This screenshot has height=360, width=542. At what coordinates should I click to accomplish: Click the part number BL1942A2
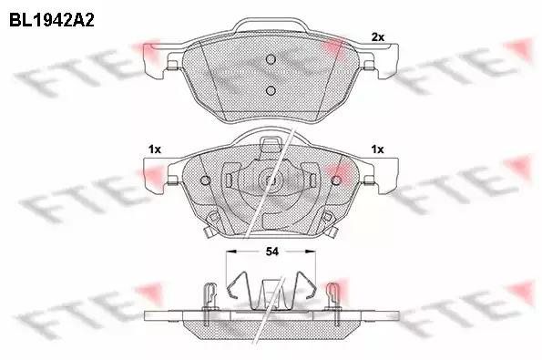52,20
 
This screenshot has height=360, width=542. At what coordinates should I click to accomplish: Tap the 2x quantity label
377,37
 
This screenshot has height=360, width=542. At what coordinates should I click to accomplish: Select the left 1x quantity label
155,149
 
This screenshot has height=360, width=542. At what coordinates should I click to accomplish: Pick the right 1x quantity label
377,149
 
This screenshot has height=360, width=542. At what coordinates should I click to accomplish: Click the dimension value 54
271,252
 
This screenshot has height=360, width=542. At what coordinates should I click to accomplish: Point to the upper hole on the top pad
271,59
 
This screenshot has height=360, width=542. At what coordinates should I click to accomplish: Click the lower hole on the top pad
271,90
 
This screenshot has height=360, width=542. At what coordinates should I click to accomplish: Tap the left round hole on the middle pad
205,180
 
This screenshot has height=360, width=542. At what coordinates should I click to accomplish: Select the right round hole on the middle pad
336,180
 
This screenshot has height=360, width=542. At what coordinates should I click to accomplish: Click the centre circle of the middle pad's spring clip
271,180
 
